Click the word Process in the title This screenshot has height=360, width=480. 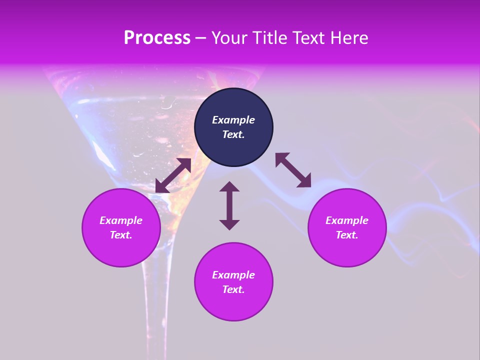(157, 38)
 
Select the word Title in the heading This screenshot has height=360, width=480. (270, 38)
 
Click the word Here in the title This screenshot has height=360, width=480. (350, 38)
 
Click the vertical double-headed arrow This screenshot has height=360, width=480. (229, 205)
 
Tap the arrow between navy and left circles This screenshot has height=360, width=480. (173, 175)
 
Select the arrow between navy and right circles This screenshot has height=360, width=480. (293, 170)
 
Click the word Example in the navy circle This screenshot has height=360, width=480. (233, 120)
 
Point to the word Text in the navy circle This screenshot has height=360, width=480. (233, 134)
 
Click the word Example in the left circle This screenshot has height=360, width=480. (121, 220)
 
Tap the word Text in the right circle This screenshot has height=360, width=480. (347, 235)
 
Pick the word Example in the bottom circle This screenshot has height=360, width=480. (233, 275)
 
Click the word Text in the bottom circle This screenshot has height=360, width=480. (233, 289)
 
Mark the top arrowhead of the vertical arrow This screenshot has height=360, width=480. (229, 187)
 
